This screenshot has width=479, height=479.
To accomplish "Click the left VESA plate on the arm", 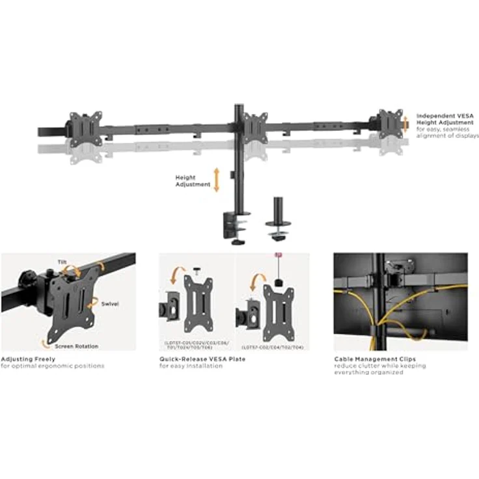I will click(86, 128).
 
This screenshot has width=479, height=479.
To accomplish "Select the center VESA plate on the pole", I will click(255, 128).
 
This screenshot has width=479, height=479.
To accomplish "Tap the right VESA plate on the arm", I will click(389, 122).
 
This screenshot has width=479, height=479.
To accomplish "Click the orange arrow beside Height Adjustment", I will click(217, 180).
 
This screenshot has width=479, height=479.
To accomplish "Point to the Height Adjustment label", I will click(193, 181).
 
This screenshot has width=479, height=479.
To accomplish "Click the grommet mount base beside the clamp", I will click(278, 228).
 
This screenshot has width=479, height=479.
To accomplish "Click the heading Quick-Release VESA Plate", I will click(202, 359).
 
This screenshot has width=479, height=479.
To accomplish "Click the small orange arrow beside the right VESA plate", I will click(405, 121).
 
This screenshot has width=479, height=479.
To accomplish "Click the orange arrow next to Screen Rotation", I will click(46, 342).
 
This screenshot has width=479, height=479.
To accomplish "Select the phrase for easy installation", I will click(191, 366).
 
